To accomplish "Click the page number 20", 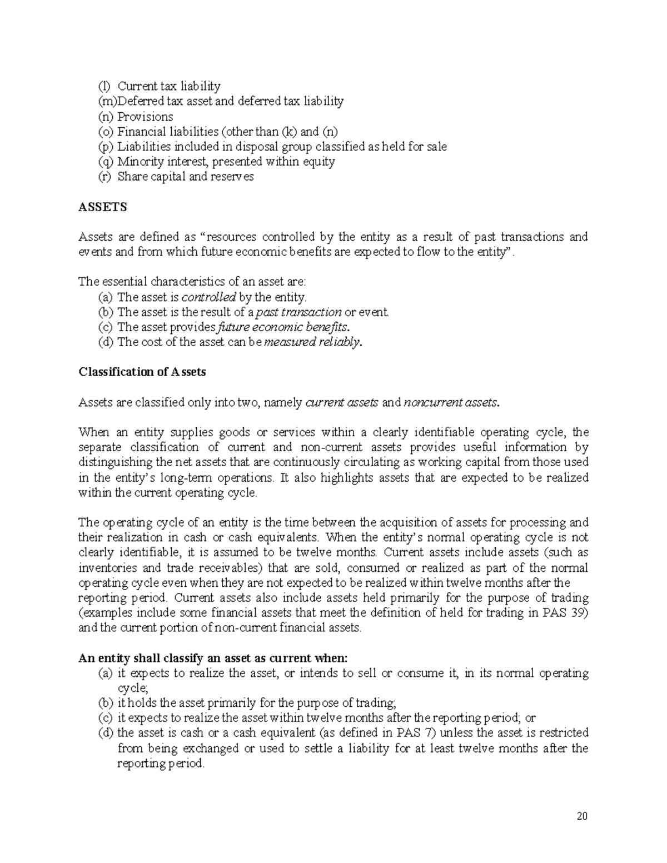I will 582,817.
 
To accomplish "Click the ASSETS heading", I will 103,207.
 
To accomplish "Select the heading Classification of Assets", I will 142,372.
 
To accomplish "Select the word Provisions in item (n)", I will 145,117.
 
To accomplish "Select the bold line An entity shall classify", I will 213,658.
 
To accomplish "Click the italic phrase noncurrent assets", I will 452,402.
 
